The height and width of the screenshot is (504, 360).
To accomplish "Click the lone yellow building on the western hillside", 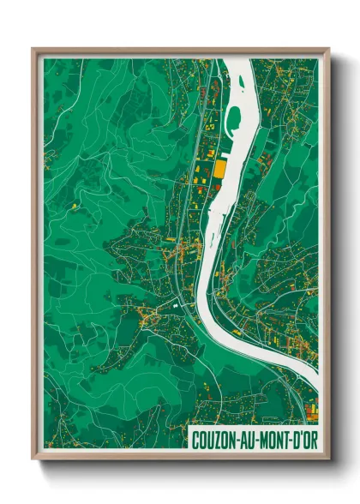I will tap(75, 206).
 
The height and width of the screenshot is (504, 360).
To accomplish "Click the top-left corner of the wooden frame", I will tap(33, 50).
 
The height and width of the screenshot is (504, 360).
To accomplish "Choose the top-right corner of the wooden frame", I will tap(328, 50).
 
